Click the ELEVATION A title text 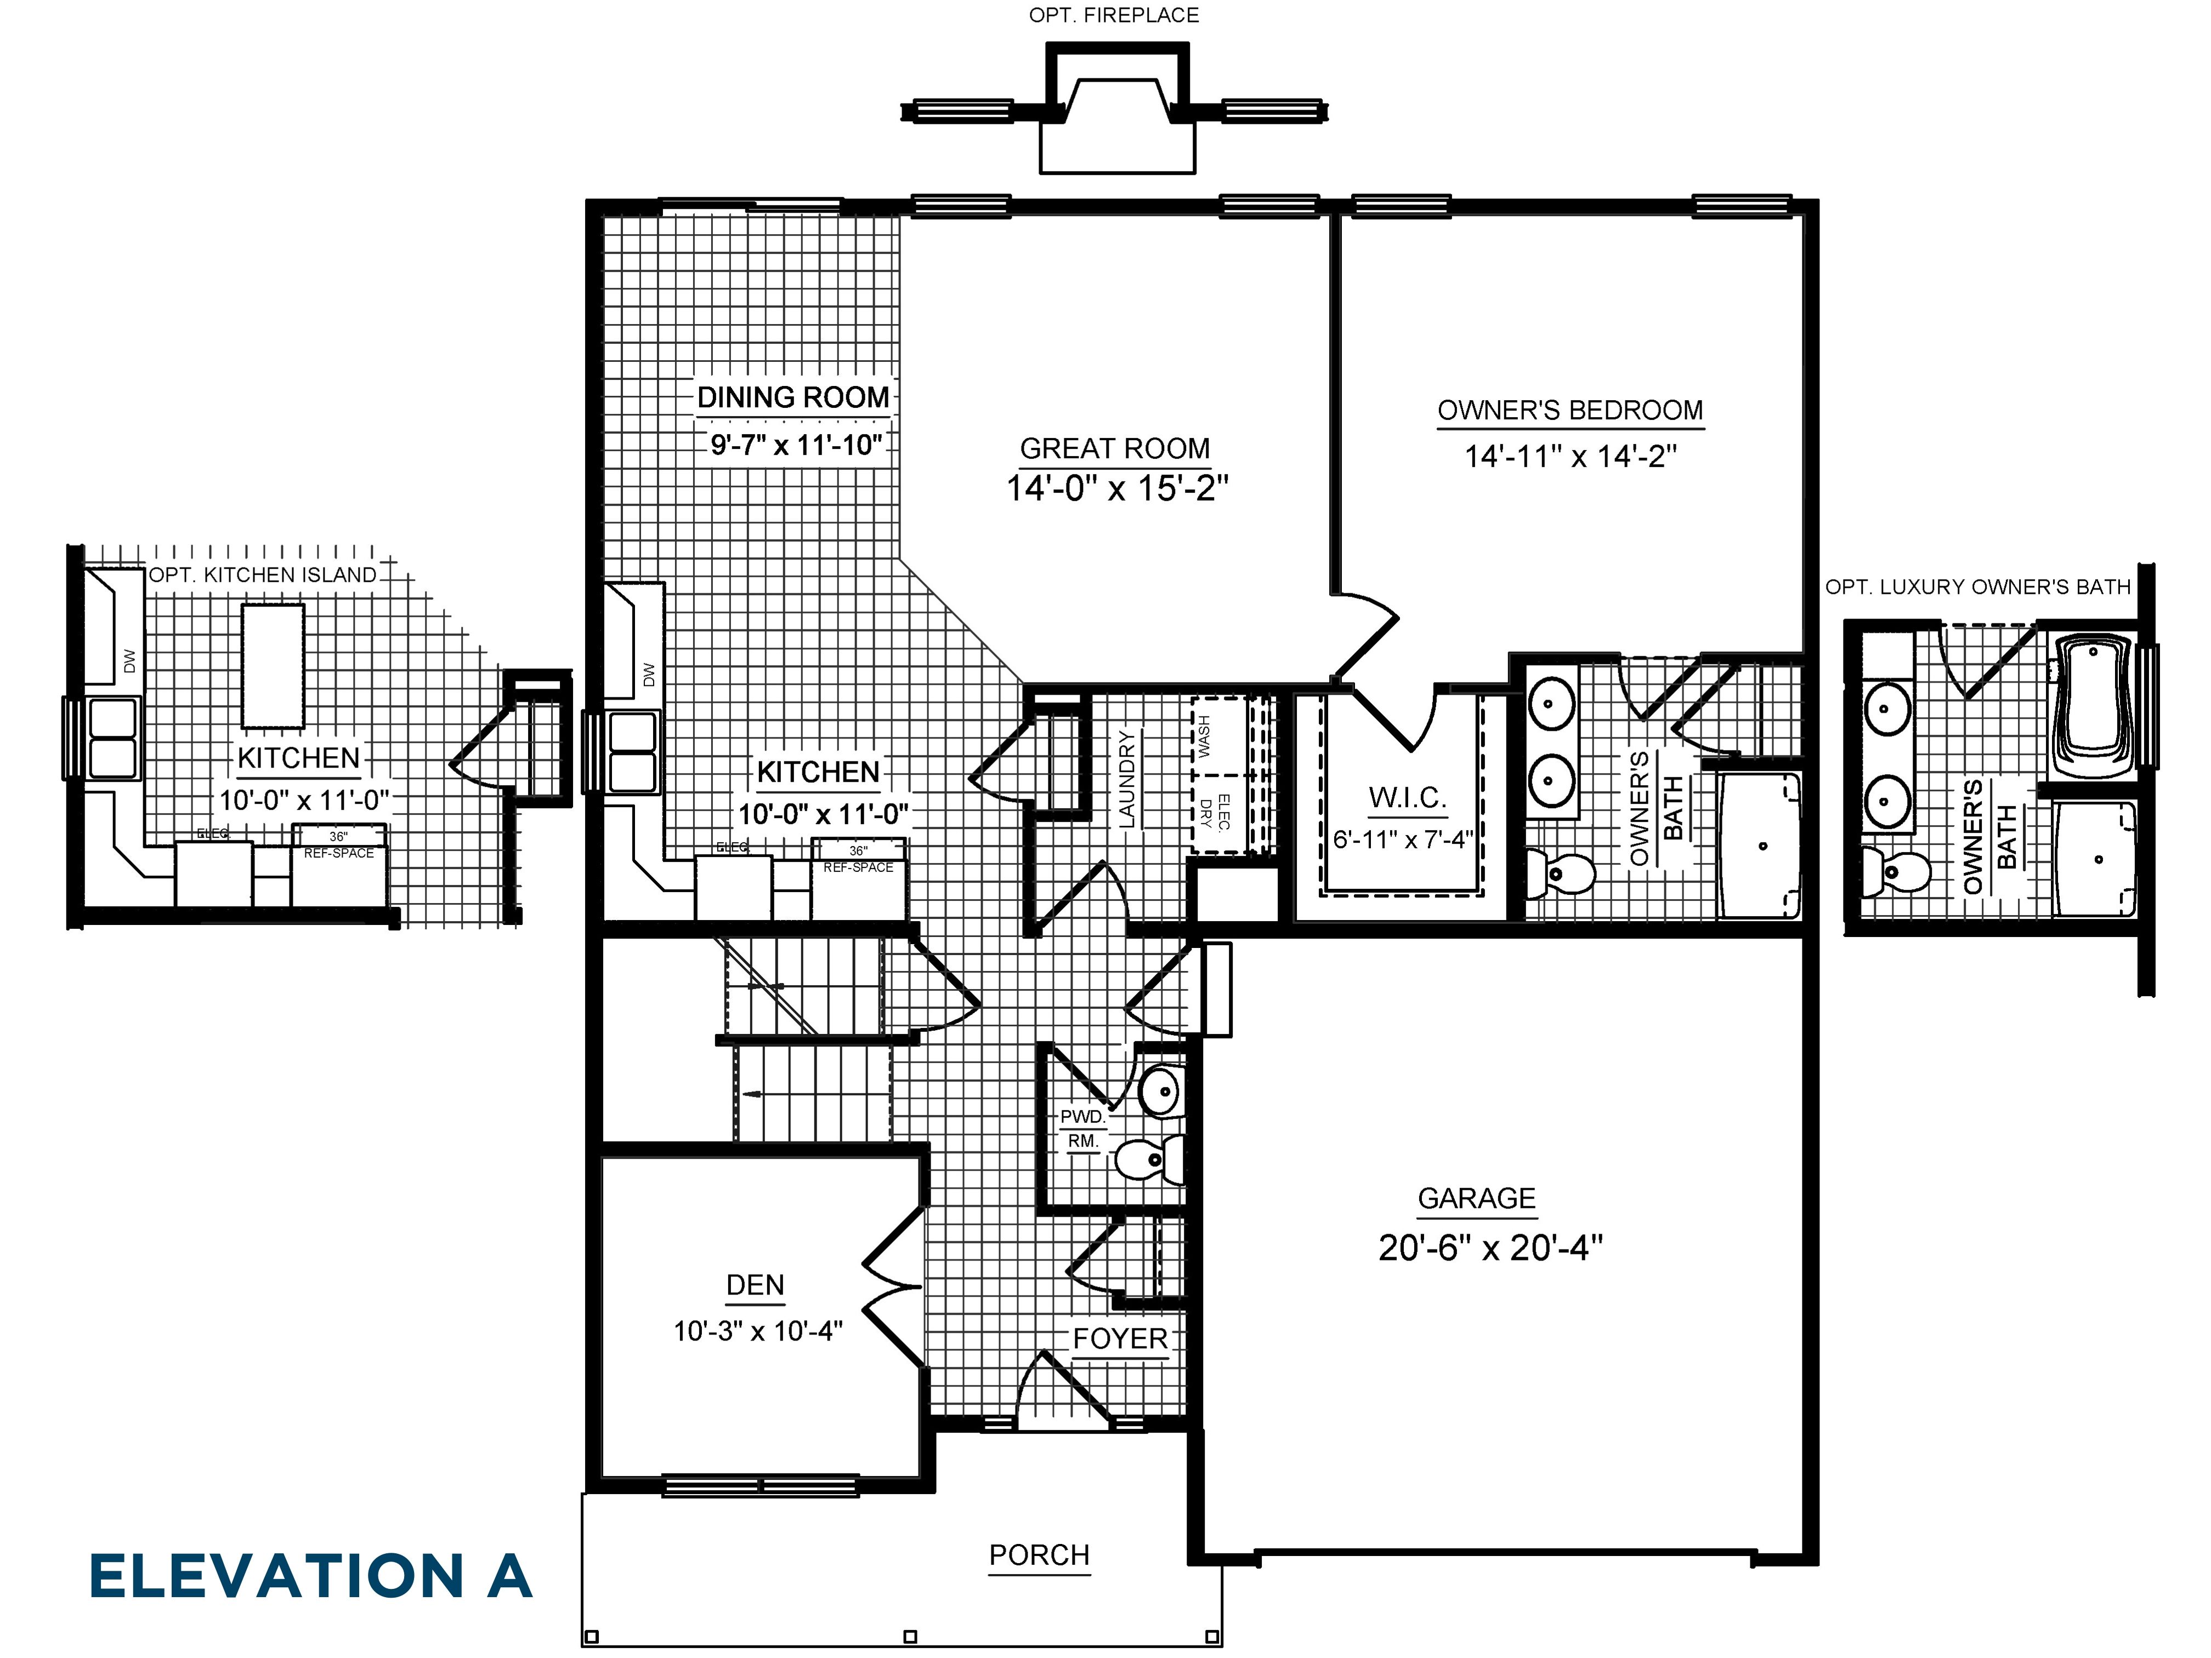[x=310, y=1576]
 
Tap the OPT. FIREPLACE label [x=1114, y=15]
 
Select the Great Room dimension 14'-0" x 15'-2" [x=1116, y=489]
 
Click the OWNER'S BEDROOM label [x=1569, y=411]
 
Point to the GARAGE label [x=1476, y=1199]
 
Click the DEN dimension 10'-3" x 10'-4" [x=758, y=1331]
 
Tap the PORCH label [x=1039, y=1555]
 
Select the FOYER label [x=1120, y=1339]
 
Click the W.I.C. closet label [x=1407, y=798]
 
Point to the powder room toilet [x=1149, y=1160]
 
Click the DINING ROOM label [x=792, y=398]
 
